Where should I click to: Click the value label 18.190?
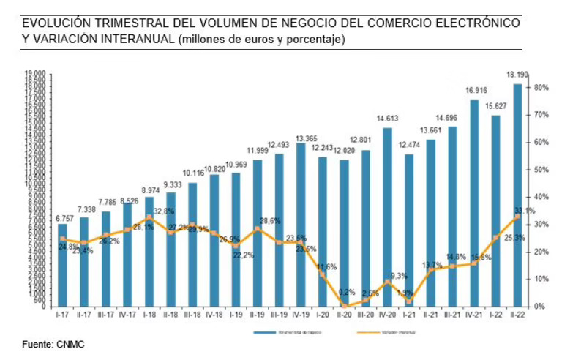pyautogui.click(x=517, y=75)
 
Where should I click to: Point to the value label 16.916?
pyautogui.click(x=473, y=91)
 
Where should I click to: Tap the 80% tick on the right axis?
pyautogui.click(x=542, y=88)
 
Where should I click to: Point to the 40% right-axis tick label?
pyautogui.click(x=542, y=197)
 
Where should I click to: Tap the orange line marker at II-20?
pyautogui.click(x=344, y=305)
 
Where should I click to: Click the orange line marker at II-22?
pyautogui.click(x=517, y=216)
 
